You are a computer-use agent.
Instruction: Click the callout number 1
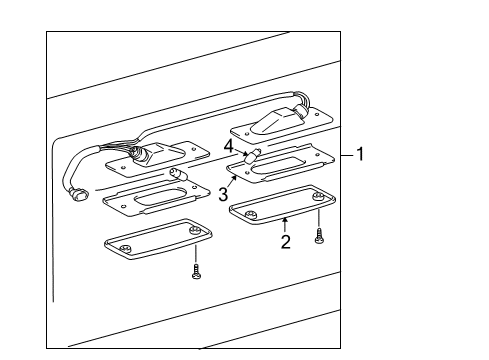(360, 155)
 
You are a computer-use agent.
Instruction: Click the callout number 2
(285, 241)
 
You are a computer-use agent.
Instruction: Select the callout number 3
(223, 192)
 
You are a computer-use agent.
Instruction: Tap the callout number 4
(229, 146)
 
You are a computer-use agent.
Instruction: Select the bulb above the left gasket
(176, 174)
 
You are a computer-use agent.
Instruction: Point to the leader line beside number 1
(346, 155)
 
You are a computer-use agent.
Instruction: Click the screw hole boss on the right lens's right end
(317, 201)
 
